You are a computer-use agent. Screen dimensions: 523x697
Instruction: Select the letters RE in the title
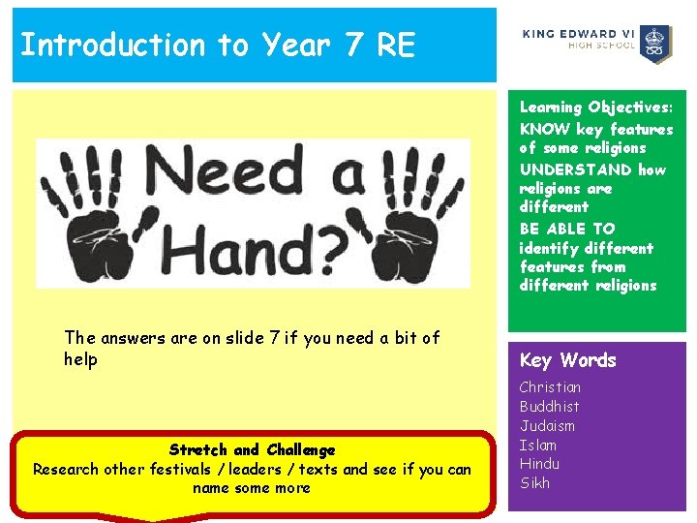point(395,45)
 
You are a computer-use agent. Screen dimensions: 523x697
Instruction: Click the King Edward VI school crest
point(658,45)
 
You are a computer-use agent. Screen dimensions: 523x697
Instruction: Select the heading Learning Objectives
point(594,108)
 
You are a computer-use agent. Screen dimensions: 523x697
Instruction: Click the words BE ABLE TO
point(566,229)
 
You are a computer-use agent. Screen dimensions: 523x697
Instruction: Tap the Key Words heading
point(567,360)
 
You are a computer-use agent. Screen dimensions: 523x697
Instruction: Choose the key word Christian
point(550,387)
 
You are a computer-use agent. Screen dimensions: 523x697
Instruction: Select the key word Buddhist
point(549,407)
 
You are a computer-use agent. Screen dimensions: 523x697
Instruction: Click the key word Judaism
point(547,426)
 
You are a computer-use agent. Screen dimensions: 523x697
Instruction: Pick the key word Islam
point(537,446)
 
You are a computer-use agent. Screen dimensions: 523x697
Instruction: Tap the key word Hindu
point(539,464)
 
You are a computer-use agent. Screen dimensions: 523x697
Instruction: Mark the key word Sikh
point(534,483)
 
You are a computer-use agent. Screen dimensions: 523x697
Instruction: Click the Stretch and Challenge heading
point(252,450)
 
